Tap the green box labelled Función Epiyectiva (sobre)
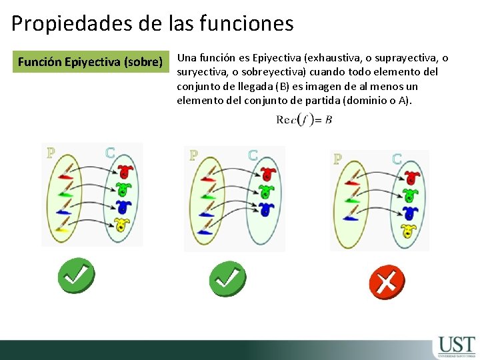pos(91,62)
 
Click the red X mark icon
pos(386,281)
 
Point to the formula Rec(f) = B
pos(304,120)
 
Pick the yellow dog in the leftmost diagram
pos(122,223)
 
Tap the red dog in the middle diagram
pos(267,174)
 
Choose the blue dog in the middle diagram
pos(267,209)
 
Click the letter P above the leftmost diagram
pos(51,153)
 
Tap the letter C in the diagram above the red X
pos(397,159)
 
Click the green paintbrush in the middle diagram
pos(207,196)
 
